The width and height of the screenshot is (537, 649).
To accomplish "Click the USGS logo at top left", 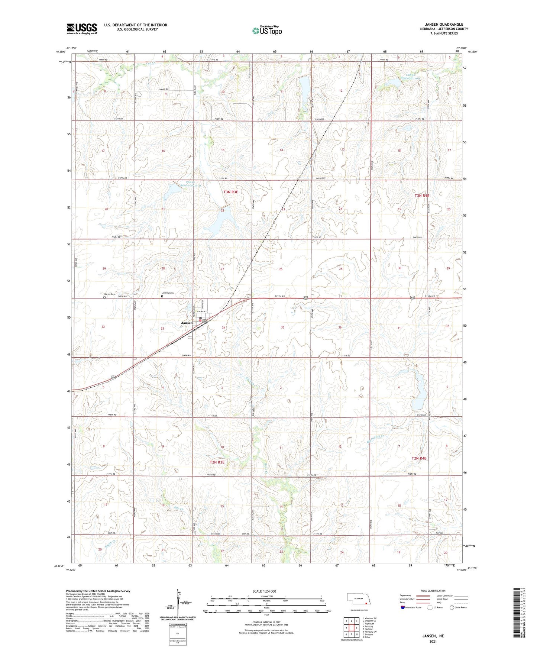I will [82, 29].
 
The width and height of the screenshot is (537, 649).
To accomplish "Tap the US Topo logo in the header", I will [267, 31].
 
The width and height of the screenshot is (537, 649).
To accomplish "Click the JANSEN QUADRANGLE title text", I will [444, 25].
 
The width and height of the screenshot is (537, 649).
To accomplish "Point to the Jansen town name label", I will [187, 323].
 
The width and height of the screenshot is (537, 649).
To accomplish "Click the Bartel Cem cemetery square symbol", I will [104, 297].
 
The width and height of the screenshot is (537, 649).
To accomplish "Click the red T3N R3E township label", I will [230, 192].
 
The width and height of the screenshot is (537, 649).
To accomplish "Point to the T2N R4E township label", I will [419, 458].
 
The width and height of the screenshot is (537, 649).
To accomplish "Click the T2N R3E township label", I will [217, 462].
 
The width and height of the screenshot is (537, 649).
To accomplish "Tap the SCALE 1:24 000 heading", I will [264, 591].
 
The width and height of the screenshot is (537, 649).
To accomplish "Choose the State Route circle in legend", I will [452, 608].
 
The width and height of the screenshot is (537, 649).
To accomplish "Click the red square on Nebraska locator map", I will [366, 604].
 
